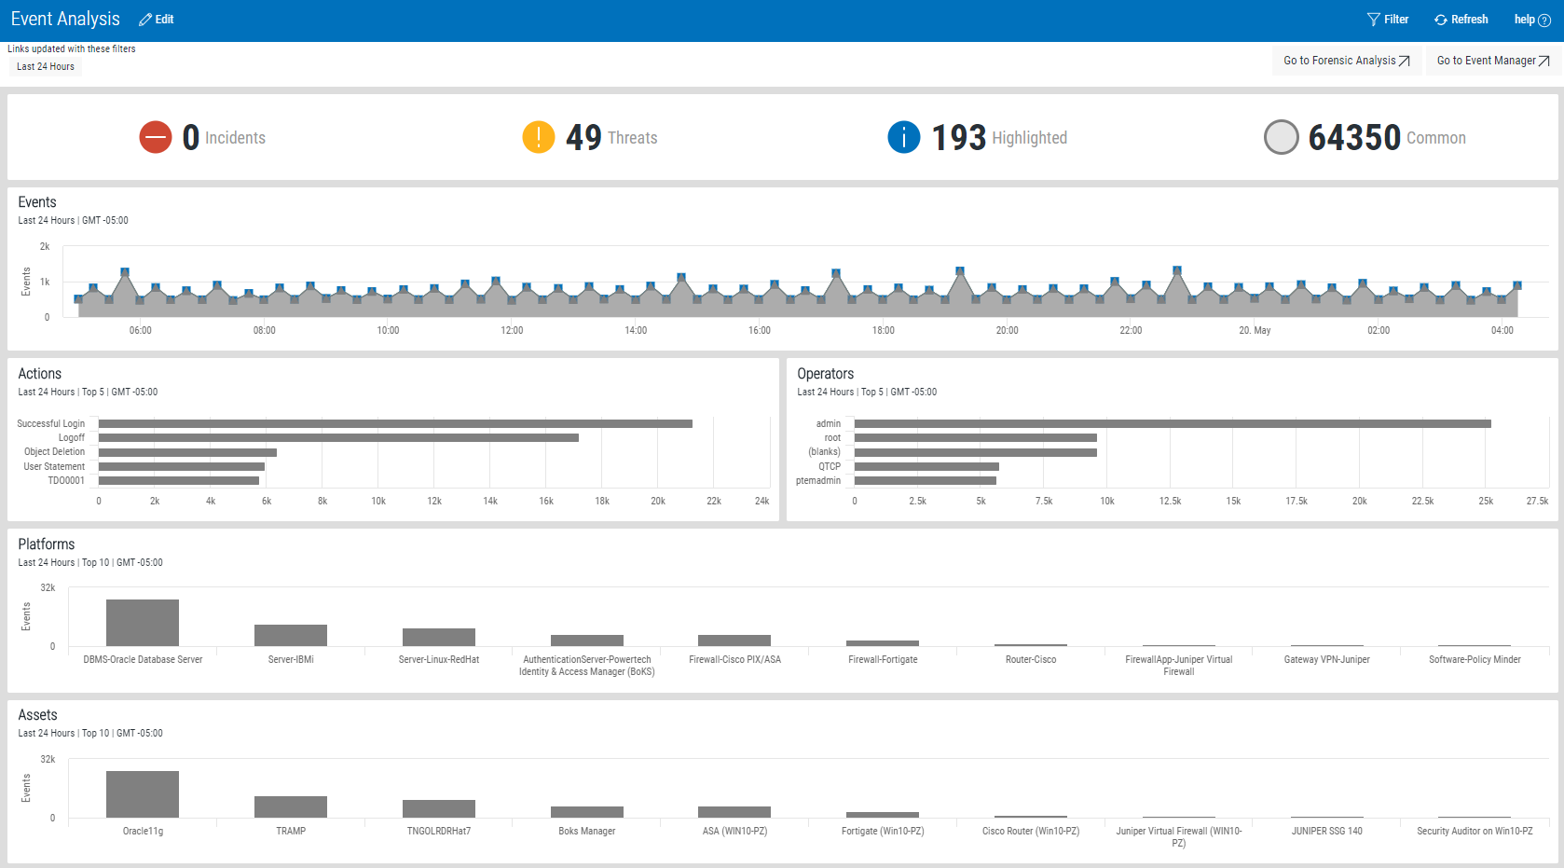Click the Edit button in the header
157,20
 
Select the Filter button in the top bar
1387,20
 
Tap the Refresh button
1461,20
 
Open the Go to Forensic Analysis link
1347,61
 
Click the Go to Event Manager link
1493,61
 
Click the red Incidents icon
155,137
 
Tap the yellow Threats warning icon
539,137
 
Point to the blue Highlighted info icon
903,137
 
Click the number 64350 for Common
1354,138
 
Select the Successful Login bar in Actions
395,424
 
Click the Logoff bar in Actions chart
338,438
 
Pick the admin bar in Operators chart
1173,424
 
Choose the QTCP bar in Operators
926,466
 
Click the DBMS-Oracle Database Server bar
143,623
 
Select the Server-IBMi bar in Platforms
291,636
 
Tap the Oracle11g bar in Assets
143,794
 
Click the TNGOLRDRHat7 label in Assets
438,831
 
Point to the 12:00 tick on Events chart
512,330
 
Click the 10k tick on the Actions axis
378,501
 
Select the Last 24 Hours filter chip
46,66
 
